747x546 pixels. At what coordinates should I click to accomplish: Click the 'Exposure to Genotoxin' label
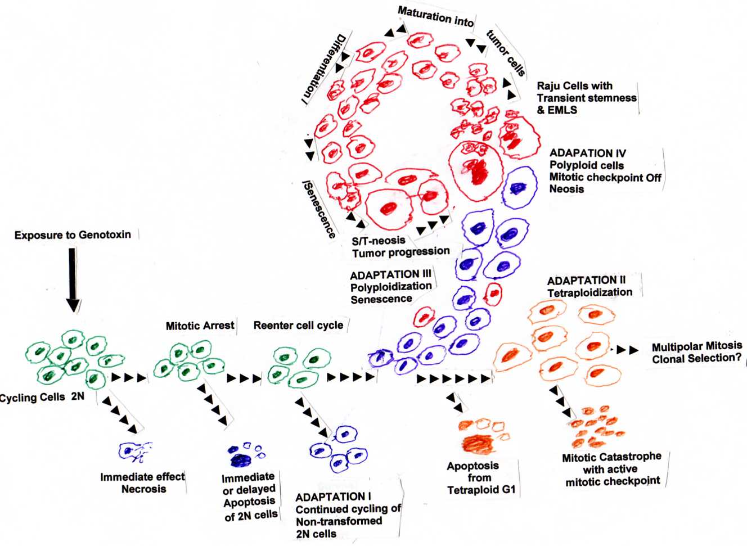coord(73,235)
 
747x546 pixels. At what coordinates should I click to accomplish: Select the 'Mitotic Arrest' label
coord(200,326)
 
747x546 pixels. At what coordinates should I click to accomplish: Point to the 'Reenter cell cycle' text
coord(299,326)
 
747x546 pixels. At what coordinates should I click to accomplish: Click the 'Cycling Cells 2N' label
coord(42,398)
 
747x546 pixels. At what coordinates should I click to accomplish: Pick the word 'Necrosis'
coord(144,489)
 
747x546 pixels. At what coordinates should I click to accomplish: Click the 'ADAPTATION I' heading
coord(333,497)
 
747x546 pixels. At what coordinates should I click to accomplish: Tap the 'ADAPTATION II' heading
coord(587,281)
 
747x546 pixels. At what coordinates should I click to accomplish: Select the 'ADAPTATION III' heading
coord(390,275)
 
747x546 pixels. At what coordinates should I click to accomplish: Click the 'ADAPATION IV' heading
coord(588,154)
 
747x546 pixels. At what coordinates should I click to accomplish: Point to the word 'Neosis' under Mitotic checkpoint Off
coord(566,189)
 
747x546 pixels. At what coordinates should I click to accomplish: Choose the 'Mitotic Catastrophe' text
coord(611,457)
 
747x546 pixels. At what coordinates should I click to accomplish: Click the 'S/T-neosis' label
coord(379,241)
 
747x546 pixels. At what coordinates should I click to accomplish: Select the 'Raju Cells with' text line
coord(574,86)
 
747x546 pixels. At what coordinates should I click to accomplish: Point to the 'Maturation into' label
coord(435,17)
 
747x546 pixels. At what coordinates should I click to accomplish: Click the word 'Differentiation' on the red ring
coord(326,69)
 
